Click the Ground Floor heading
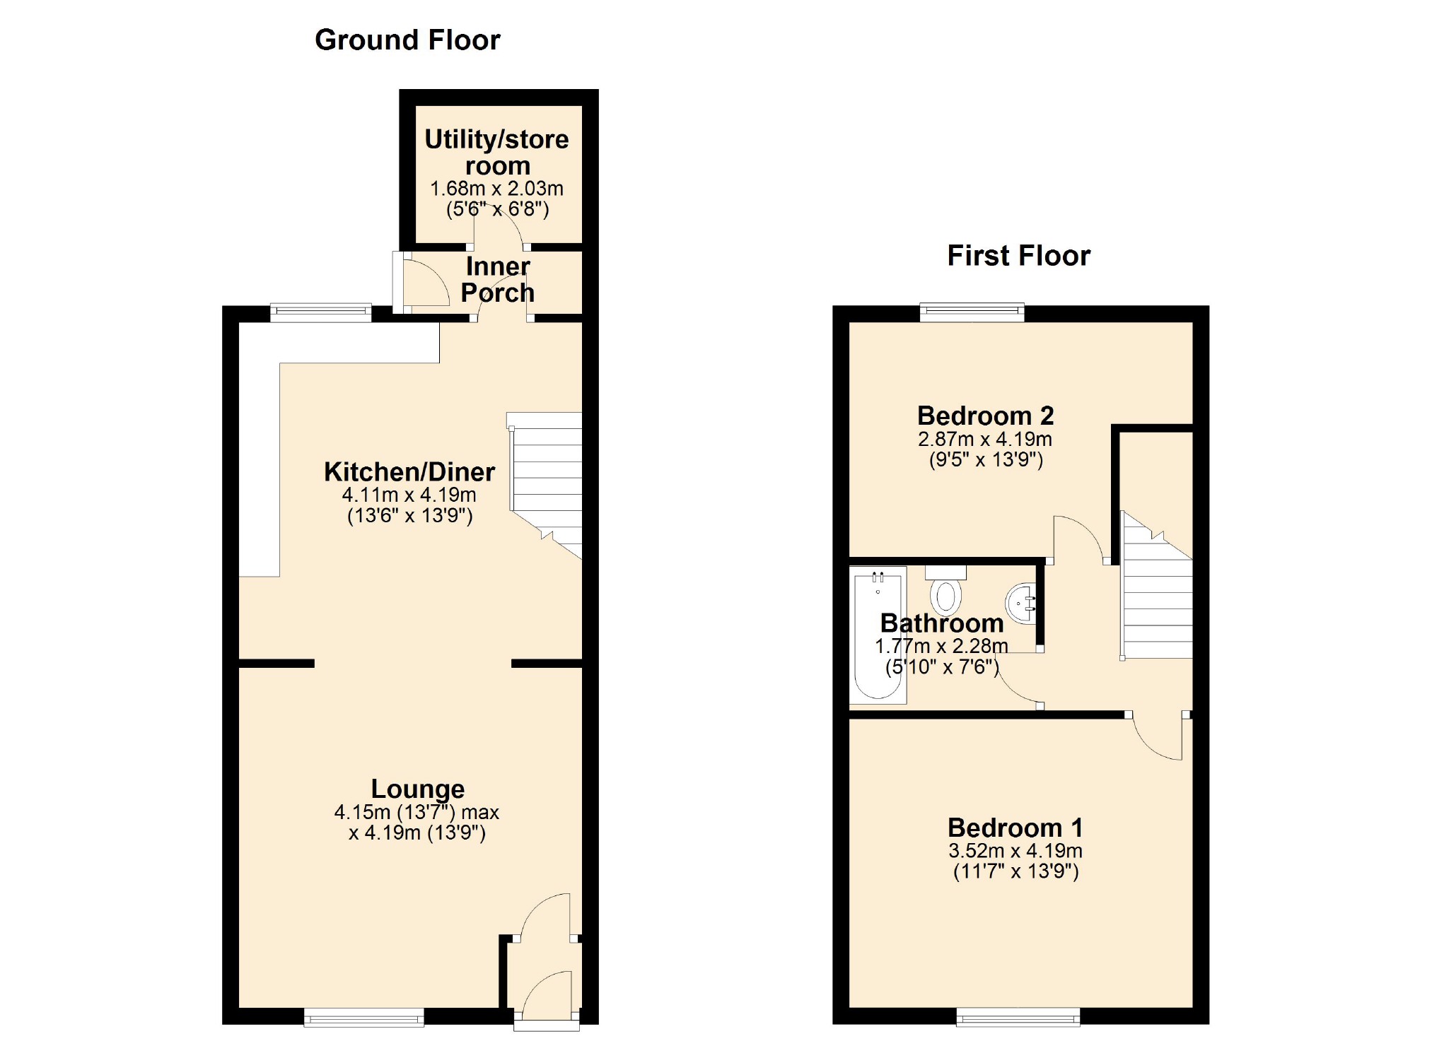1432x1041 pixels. point(407,40)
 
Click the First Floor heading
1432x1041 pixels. point(1018,256)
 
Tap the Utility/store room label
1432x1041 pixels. point(496,152)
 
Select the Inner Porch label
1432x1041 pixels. point(498,280)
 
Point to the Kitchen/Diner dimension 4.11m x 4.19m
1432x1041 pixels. point(409,495)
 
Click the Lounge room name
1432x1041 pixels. point(418,789)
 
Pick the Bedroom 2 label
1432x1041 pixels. point(985,416)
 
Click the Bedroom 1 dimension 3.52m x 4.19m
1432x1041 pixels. point(1015,851)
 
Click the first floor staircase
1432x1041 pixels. point(1157,594)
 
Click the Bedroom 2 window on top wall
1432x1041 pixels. point(972,311)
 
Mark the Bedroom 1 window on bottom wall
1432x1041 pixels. point(1018,1017)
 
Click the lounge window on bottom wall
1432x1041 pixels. point(363,1017)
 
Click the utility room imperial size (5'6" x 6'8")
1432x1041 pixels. point(497,209)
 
